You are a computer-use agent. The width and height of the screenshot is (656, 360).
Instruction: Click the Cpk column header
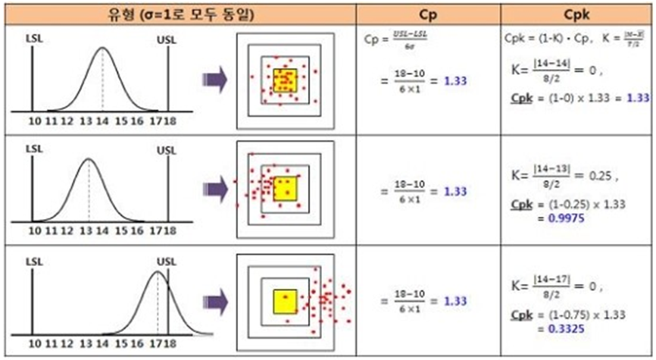(x=578, y=14)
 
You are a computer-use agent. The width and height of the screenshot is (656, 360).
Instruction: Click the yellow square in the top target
(x=285, y=80)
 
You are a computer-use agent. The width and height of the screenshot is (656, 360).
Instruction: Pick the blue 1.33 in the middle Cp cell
(x=455, y=192)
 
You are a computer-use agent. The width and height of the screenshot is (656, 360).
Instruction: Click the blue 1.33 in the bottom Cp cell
(x=455, y=301)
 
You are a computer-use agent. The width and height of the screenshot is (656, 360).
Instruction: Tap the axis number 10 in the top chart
(x=33, y=121)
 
